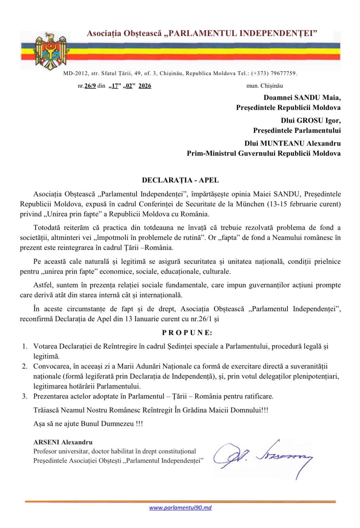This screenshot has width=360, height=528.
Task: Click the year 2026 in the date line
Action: tap(145, 86)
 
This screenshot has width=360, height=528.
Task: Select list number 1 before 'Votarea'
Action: tap(25, 346)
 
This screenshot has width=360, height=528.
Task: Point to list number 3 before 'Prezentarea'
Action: tap(25, 396)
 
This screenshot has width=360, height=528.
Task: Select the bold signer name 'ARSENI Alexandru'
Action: tap(63, 442)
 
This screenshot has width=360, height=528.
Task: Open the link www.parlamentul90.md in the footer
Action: tap(180, 507)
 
